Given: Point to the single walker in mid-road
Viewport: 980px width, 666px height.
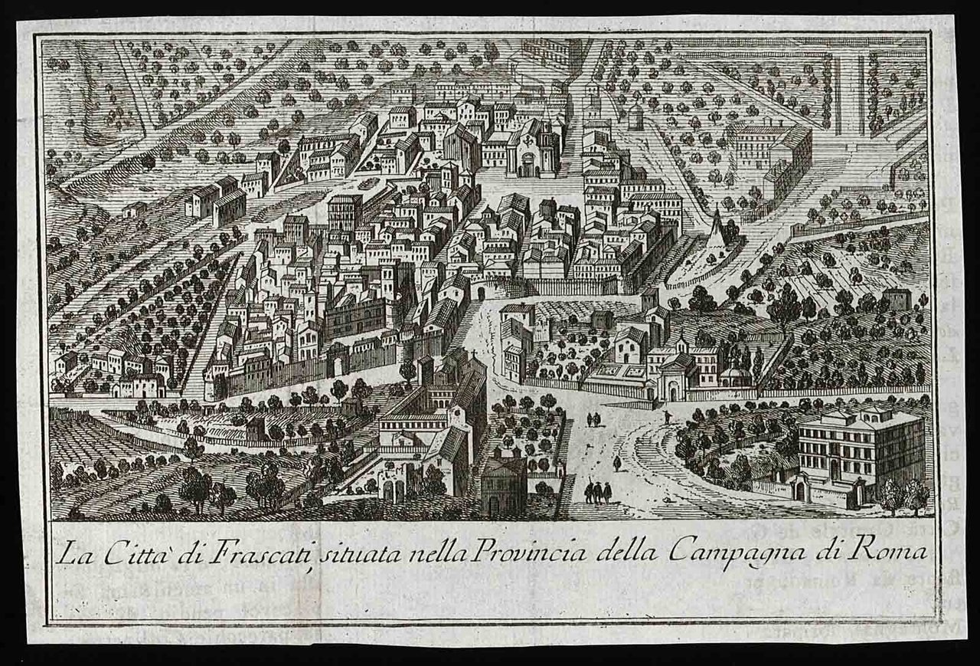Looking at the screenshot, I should click(616, 464).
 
